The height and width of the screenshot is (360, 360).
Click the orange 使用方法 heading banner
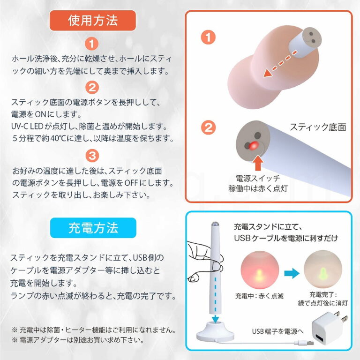(x=93, y=21)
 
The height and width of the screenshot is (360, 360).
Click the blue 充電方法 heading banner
(x=93, y=228)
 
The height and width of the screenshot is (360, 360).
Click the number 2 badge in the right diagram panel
(x=208, y=127)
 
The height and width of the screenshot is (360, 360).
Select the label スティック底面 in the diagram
(x=317, y=127)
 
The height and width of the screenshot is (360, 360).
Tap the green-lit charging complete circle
(x=322, y=272)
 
